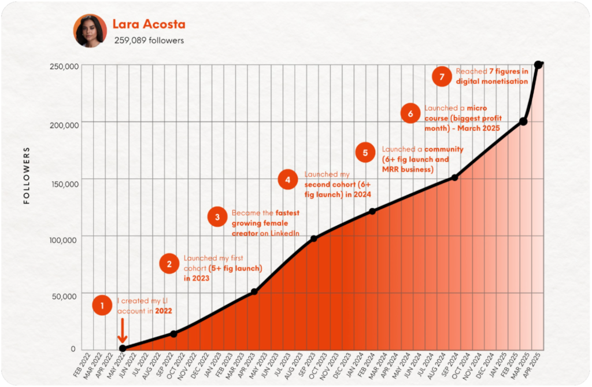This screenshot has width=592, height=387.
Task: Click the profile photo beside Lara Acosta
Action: point(90,31)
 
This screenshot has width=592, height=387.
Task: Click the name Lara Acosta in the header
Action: point(149,25)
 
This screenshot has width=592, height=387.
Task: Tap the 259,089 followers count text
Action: point(148,40)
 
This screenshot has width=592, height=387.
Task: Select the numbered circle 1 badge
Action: point(102,305)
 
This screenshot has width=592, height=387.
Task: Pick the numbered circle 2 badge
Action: point(169,264)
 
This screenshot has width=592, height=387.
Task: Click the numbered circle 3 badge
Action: point(217,217)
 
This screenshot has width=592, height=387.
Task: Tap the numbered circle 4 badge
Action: point(287,180)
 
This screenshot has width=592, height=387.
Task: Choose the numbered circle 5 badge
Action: point(365,153)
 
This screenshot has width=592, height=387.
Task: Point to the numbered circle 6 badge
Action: point(410,113)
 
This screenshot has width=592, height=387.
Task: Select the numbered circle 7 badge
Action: point(442,76)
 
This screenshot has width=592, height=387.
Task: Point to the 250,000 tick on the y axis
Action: point(64,66)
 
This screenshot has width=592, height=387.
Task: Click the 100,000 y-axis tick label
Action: point(64,239)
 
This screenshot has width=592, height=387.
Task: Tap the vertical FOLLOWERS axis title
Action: point(27,176)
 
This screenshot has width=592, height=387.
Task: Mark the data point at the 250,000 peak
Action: point(538,65)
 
